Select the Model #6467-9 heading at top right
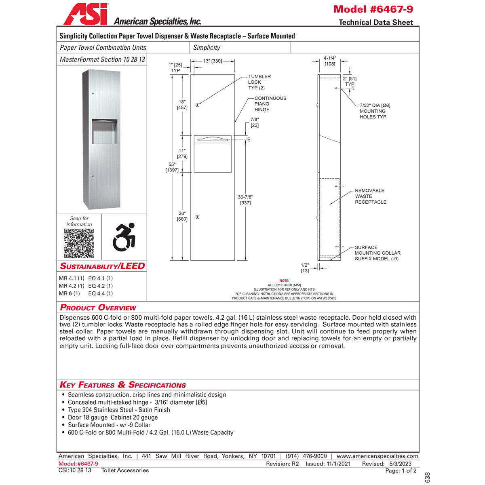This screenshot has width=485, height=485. [x=373, y=9]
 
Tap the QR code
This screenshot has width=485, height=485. [x=79, y=243]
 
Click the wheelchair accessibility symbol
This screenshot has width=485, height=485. [x=124, y=237]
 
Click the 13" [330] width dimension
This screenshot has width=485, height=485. [x=213, y=61]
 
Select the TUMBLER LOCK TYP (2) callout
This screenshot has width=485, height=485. [x=259, y=82]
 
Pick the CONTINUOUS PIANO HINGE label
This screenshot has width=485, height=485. [x=270, y=104]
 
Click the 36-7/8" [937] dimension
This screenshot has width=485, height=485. [x=245, y=200]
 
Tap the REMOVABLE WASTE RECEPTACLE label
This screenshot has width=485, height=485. [x=370, y=196]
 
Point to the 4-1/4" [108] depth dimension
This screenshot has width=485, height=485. [x=330, y=61]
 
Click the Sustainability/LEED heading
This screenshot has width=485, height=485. [x=102, y=266]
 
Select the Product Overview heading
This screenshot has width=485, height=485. [x=98, y=308]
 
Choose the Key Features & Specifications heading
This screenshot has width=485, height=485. [x=123, y=385]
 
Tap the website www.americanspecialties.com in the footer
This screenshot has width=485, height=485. [x=377, y=456]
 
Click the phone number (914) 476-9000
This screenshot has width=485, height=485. [x=306, y=456]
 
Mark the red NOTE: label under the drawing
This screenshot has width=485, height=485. [x=284, y=280]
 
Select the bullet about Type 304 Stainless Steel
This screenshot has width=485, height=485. [x=119, y=410]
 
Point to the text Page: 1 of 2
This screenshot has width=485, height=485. [x=401, y=470]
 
